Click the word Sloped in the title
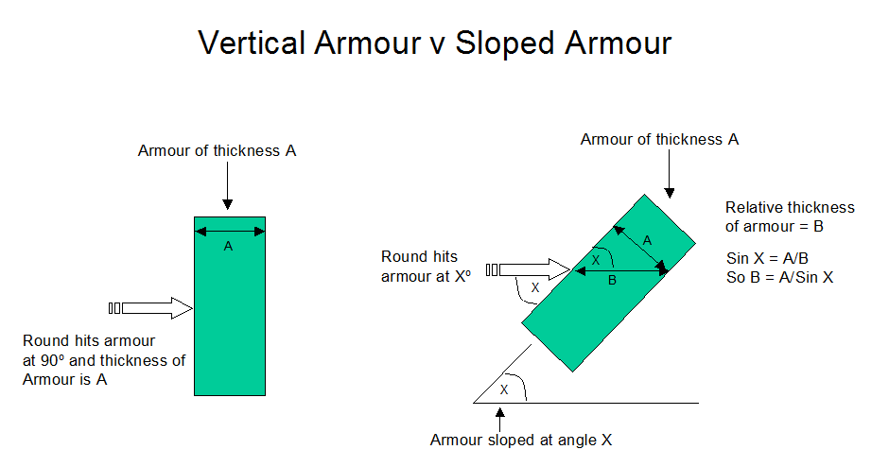504,43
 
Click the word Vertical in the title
253,43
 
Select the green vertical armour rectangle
230,306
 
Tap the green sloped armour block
608,283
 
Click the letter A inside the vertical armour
228,246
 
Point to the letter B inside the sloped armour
612,280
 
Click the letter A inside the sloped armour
647,241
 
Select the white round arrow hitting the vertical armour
150,308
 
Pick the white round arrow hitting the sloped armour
528,269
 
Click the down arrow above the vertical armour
227,186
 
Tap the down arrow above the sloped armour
669,174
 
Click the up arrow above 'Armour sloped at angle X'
499,420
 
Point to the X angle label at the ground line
504,389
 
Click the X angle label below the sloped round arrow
534,288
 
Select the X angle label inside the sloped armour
595,261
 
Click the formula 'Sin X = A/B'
767,258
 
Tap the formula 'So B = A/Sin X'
779,278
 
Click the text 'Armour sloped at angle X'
521,441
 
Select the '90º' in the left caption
53,360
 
